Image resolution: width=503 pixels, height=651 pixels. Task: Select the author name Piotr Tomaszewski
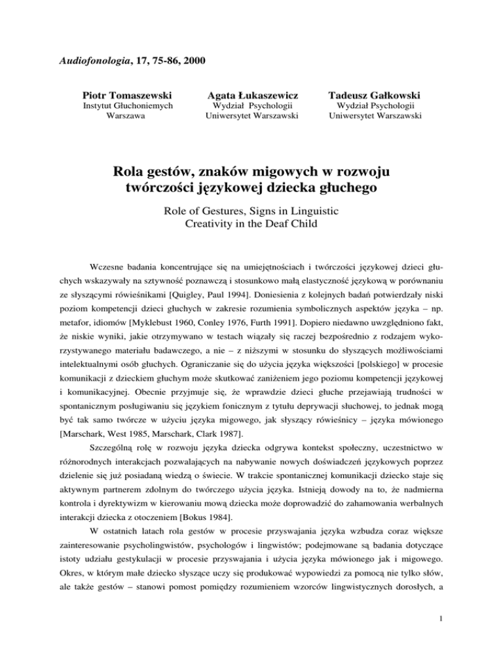[122, 96]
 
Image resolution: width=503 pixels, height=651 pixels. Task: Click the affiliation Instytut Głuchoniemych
[122, 107]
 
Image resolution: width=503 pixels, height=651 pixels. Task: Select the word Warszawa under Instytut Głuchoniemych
[122, 119]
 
